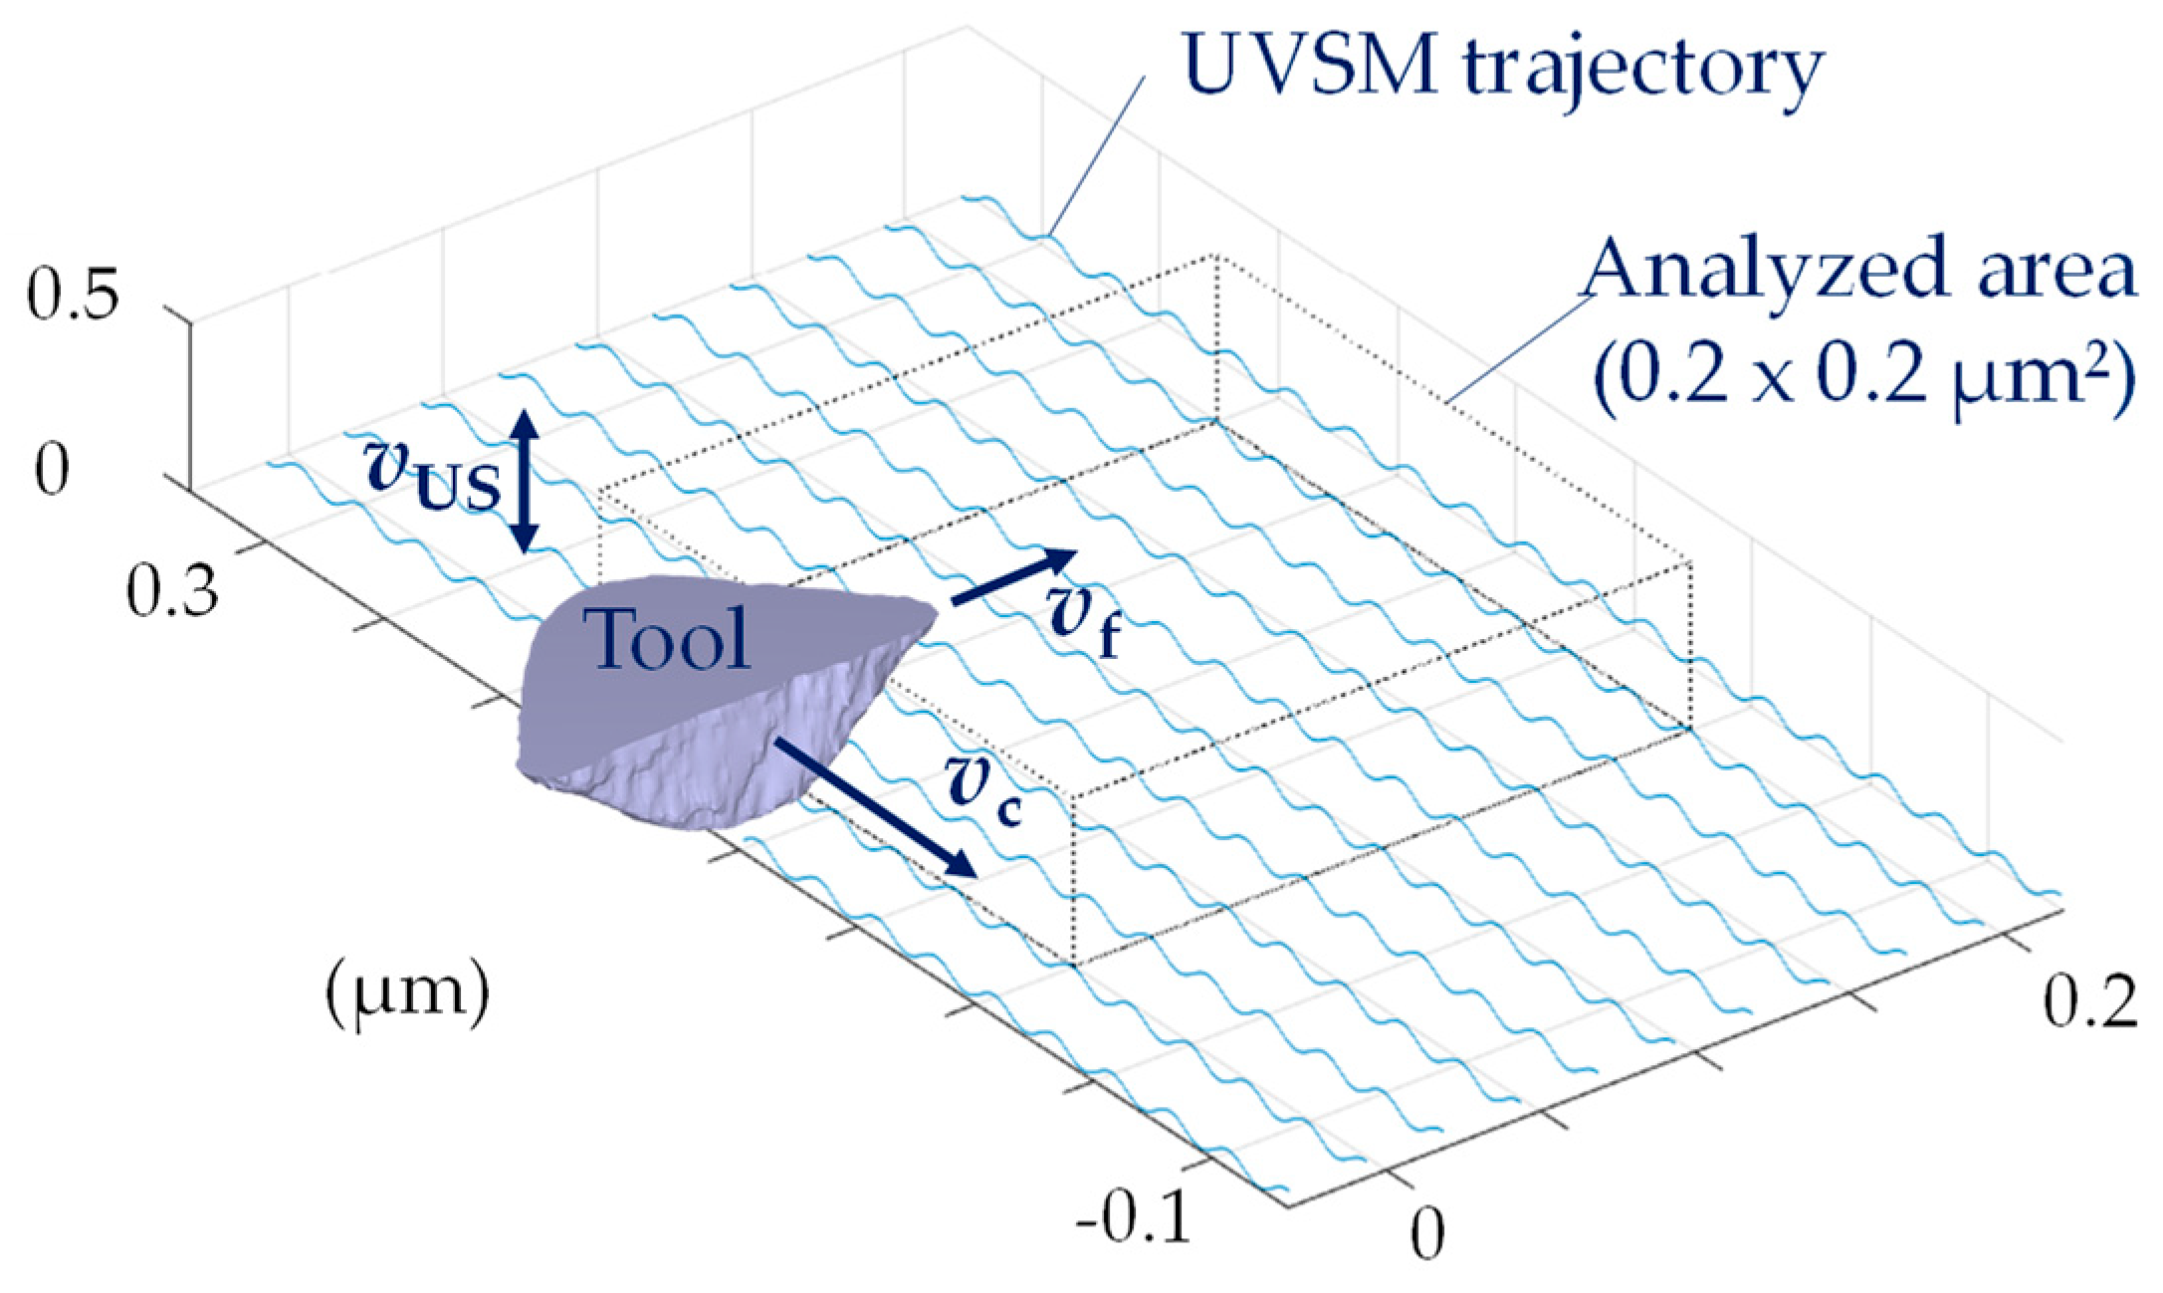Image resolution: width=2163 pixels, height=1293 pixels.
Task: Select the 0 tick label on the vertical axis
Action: pyautogui.click(x=52, y=470)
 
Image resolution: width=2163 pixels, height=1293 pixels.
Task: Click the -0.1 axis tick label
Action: pyautogui.click(x=1134, y=1215)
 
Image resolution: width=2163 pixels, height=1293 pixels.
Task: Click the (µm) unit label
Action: pyautogui.click(x=407, y=994)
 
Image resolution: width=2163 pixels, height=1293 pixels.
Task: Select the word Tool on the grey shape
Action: pyautogui.click(x=666, y=638)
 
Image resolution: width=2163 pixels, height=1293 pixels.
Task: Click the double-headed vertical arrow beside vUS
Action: pyautogui.click(x=527, y=481)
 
